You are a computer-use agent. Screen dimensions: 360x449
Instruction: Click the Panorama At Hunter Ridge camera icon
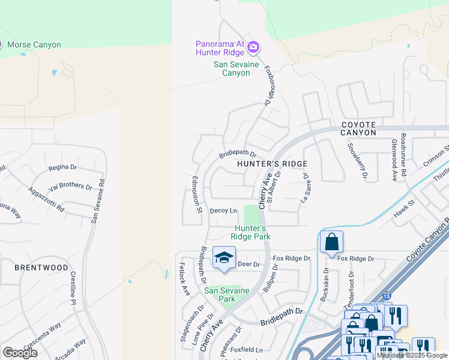[x=253, y=46]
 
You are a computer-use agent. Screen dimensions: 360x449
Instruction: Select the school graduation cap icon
[x=224, y=258]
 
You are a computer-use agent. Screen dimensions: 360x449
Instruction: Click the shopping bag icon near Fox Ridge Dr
[x=331, y=242]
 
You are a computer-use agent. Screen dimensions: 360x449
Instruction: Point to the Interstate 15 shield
[x=388, y=296]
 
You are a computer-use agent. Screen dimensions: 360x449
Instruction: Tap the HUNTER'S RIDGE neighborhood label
[x=272, y=164]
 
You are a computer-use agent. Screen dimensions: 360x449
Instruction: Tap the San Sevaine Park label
[x=226, y=295]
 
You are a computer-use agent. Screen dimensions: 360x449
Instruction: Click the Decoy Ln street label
[x=223, y=211]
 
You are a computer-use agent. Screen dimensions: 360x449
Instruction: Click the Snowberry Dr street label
[x=357, y=161]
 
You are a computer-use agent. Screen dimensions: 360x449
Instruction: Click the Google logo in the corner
[x=20, y=353]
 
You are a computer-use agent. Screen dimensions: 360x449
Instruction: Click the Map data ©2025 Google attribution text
[x=412, y=355]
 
